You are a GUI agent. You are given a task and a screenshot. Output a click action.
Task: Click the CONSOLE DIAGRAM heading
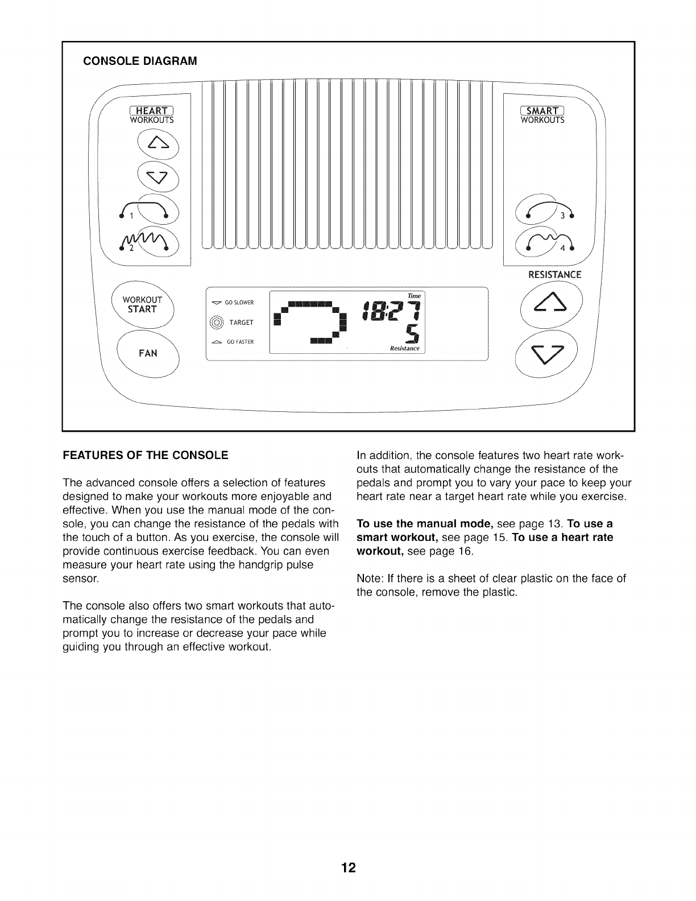[140, 61]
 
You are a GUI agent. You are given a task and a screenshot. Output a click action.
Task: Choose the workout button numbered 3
[542, 214]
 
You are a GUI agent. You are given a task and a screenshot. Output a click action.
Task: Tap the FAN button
[147, 353]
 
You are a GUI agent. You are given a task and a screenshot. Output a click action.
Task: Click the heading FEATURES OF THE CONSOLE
[145, 455]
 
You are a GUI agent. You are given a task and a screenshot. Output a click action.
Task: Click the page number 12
[348, 868]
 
